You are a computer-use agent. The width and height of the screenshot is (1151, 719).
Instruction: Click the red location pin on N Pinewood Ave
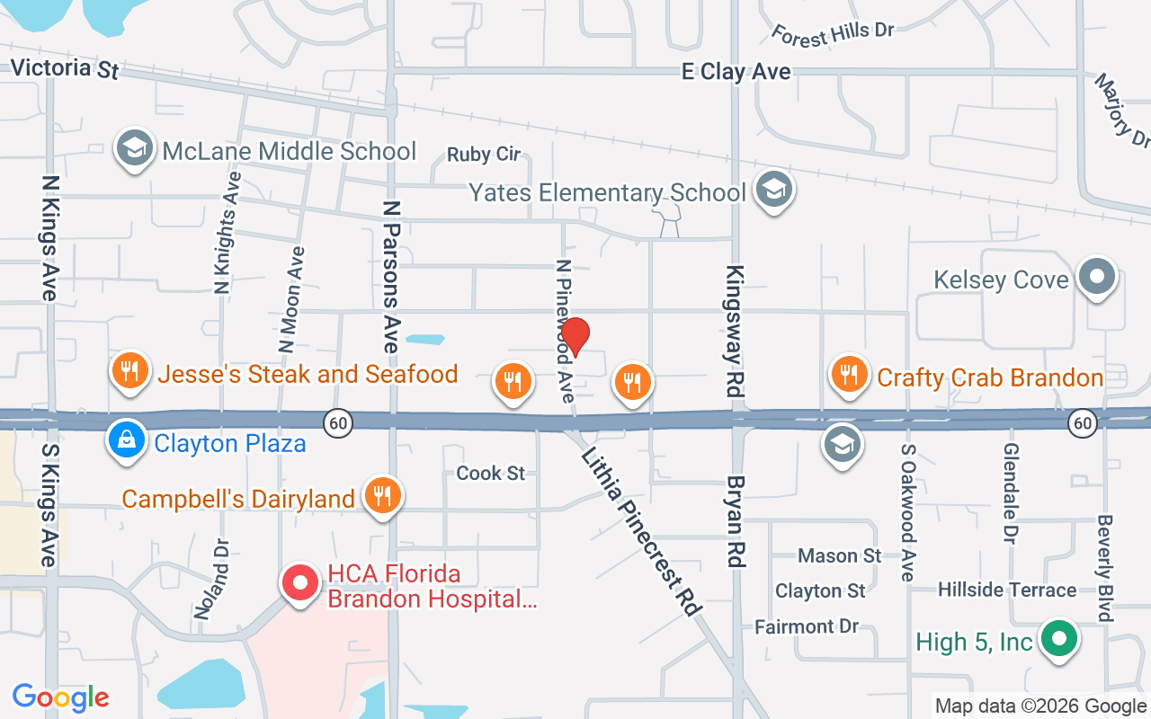click(575, 336)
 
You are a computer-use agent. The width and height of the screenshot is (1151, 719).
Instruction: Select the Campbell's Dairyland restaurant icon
click(383, 494)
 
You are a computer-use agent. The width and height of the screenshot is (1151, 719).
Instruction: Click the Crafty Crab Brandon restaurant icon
click(847, 374)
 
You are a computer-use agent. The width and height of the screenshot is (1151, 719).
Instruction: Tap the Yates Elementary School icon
click(773, 190)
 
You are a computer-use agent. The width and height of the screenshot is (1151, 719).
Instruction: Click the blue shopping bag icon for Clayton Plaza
click(127, 440)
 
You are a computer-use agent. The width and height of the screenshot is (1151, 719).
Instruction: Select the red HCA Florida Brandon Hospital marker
click(301, 583)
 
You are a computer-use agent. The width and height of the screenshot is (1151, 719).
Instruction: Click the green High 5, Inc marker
click(1059, 639)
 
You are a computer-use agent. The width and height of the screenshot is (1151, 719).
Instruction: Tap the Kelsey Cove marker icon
click(1096, 276)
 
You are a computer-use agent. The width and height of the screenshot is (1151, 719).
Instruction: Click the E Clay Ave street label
click(736, 71)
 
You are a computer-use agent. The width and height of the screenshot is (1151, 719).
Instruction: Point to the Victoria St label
click(64, 67)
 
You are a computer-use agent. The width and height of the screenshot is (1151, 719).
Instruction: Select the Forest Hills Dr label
click(833, 31)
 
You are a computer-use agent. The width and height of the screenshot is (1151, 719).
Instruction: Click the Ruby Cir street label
click(484, 155)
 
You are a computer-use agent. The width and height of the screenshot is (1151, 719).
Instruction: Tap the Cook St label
click(490, 473)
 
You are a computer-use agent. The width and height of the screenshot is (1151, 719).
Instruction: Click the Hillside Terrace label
click(1006, 590)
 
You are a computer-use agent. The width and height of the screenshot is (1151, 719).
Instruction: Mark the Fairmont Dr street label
click(807, 626)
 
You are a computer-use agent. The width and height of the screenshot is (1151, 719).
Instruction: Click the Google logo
click(60, 697)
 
